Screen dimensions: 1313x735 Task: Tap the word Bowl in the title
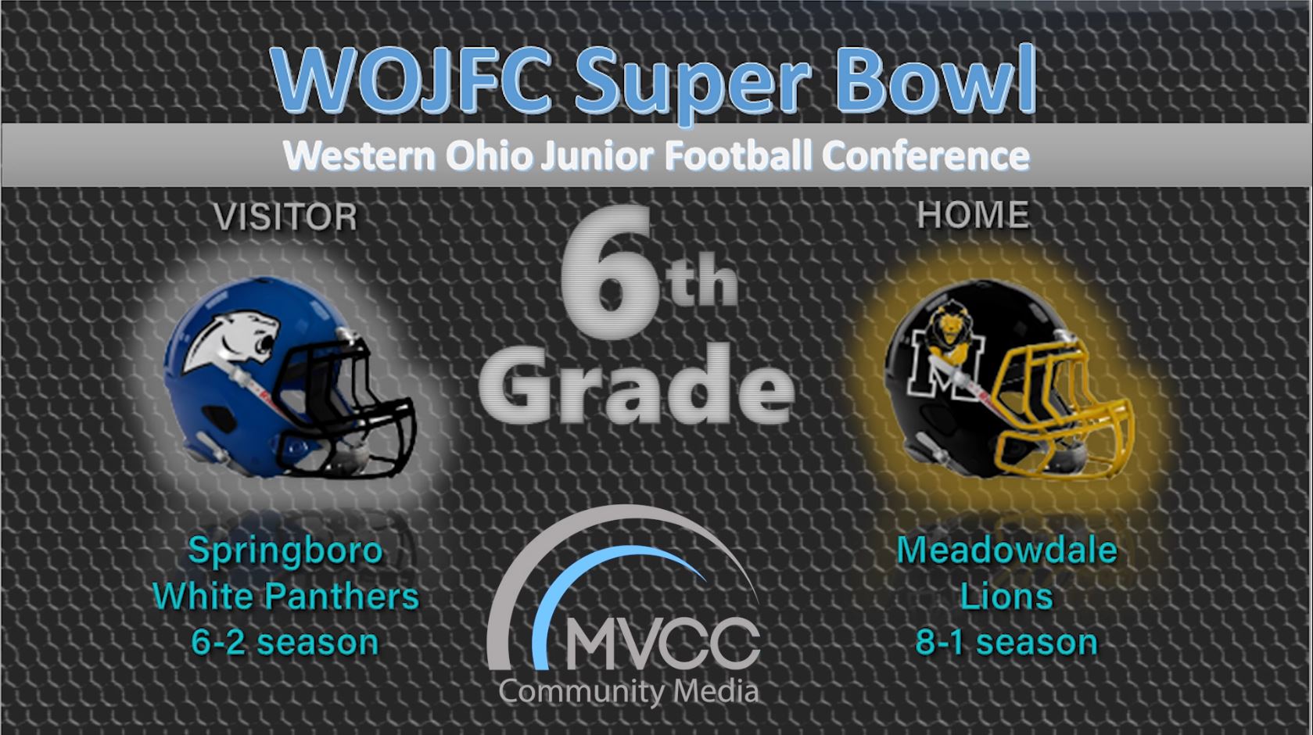pos(936,79)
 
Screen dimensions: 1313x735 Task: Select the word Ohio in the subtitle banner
pos(489,156)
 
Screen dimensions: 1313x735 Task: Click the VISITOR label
pos(285,217)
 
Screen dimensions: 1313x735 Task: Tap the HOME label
pos(973,214)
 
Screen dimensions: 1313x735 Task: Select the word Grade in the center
pos(637,385)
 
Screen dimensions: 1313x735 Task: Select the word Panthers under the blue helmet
pos(342,597)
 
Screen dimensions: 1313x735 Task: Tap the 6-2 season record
pos(285,643)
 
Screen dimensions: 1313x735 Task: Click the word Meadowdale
pos(1006,551)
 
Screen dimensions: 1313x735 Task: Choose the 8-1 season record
pos(1006,643)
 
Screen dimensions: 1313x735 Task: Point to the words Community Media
pos(629,692)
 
